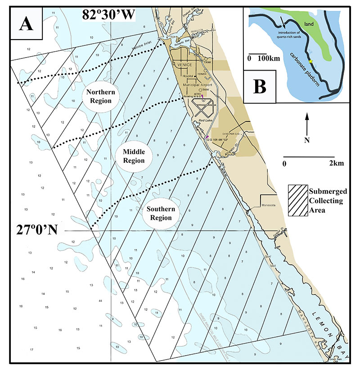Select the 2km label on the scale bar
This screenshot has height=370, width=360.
[x=337, y=163]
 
